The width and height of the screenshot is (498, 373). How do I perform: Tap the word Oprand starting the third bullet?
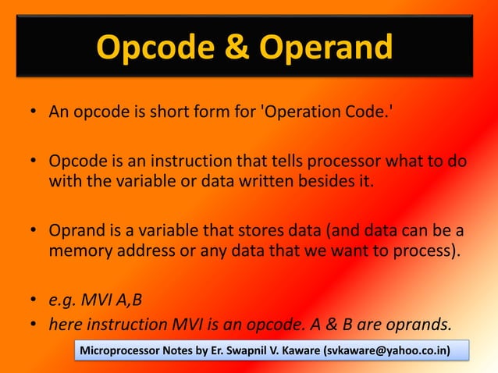pyautogui.click(x=74, y=232)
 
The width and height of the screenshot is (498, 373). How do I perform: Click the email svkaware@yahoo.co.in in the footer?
pyautogui.click(x=384, y=350)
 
